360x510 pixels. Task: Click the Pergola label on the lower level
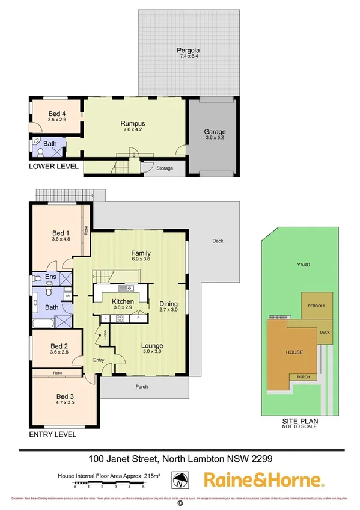[188, 50]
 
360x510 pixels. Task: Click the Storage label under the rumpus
[165, 168]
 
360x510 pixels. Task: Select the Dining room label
[168, 304]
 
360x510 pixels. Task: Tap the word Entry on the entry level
[98, 360]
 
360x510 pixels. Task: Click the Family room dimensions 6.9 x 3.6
[141, 259]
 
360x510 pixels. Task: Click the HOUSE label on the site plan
[294, 352]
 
